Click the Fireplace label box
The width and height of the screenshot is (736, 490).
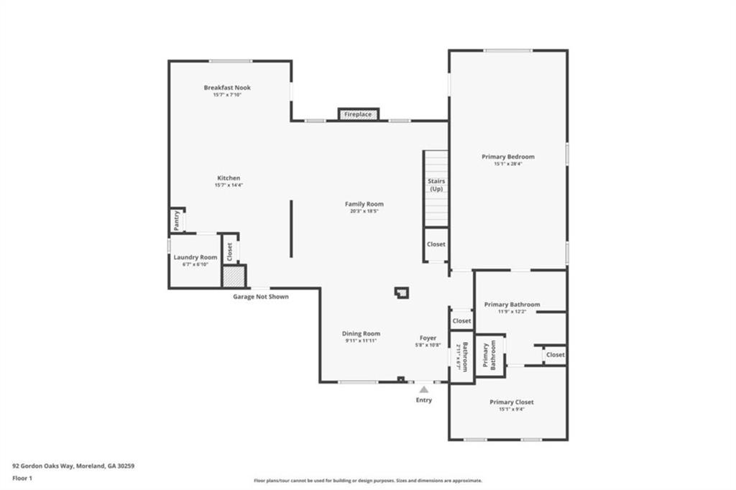(358, 114)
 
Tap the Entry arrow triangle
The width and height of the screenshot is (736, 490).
(424, 389)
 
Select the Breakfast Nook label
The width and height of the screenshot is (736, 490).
(227, 88)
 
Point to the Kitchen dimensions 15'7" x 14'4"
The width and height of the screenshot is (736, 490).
(229, 185)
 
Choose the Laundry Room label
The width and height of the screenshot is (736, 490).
(195, 256)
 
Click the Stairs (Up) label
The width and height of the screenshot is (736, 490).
(436, 185)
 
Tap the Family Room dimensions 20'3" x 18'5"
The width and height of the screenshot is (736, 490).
(364, 211)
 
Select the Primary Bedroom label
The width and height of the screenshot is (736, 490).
(508, 157)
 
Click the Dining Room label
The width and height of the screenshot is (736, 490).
(361, 333)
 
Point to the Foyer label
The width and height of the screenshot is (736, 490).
(428, 338)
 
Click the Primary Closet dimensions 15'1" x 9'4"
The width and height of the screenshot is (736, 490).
(512, 410)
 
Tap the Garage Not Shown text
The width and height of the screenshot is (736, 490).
(261, 296)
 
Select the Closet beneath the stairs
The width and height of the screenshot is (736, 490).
(436, 244)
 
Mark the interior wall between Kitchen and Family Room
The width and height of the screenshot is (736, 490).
(291, 228)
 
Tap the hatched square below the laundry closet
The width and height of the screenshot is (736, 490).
(233, 277)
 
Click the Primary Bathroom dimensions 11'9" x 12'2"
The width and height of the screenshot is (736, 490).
(512, 312)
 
